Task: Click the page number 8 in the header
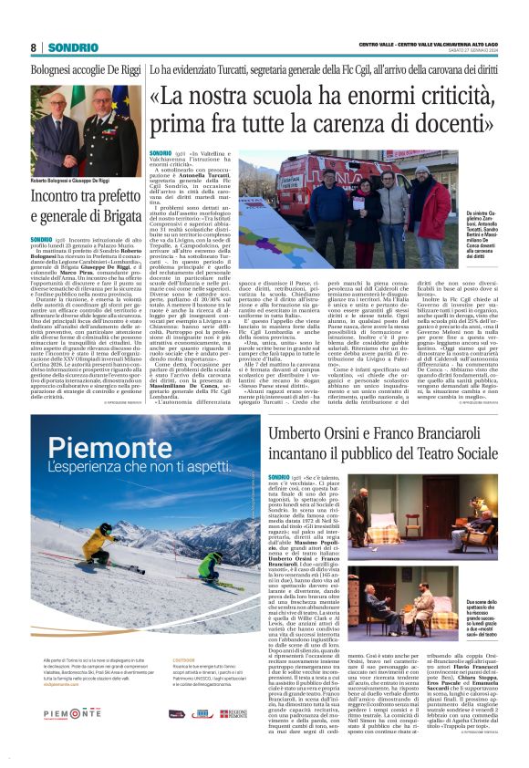point(33,47)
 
